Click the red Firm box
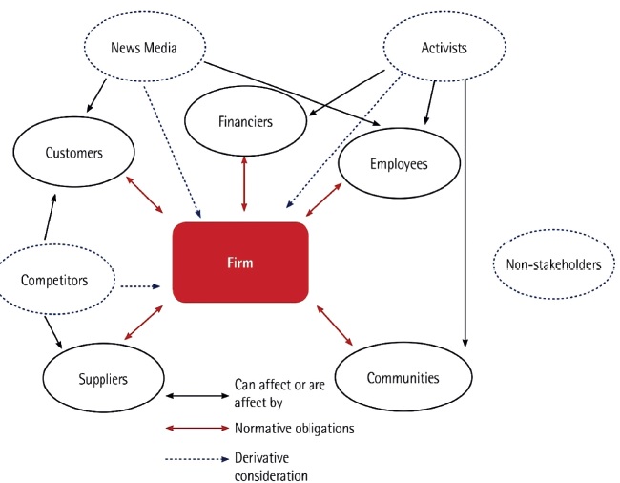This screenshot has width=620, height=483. coord(240,262)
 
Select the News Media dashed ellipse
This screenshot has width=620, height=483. coord(144,47)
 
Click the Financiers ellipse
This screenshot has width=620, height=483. coord(245,121)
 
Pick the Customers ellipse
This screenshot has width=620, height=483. coord(73,153)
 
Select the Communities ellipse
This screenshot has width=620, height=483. coord(403,378)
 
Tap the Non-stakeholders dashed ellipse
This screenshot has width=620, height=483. coord(554,264)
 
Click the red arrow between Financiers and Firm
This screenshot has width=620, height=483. coord(245,183)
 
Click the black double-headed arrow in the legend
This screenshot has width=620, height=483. coord(196,394)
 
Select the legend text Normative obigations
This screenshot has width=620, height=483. coord(294,429)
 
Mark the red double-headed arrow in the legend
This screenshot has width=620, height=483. coord(196,429)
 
